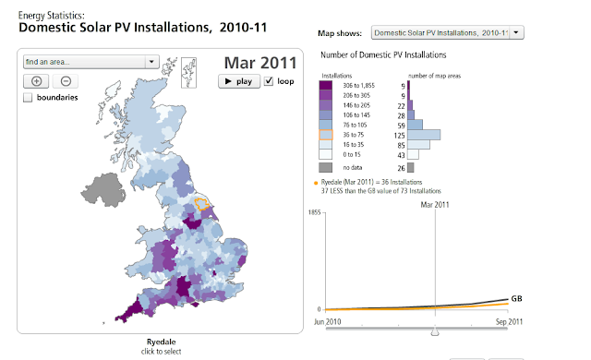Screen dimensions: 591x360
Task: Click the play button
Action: (239, 81)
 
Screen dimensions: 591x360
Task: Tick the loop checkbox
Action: (269, 81)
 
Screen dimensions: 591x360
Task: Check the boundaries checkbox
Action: (28, 98)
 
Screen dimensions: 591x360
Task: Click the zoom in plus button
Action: (36, 81)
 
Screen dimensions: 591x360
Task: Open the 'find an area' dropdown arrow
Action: (151, 61)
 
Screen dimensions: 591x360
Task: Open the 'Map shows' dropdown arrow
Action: (516, 32)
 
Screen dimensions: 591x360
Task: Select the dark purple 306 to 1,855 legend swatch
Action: (326, 86)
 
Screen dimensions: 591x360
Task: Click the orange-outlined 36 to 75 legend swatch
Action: (326, 135)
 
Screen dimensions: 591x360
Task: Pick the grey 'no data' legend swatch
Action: (326, 167)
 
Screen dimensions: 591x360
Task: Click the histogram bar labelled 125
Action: (424, 135)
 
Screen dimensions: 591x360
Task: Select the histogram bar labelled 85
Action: (418, 145)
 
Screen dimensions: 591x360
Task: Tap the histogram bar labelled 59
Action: (415, 125)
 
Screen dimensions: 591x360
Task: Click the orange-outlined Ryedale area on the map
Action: (202, 204)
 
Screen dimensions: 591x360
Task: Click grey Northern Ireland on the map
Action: (103, 190)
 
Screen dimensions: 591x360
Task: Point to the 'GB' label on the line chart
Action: (516, 299)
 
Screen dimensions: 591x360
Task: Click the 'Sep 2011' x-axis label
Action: (509, 322)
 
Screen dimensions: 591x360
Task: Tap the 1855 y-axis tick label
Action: (314, 212)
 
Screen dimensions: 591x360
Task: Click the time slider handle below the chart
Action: (435, 331)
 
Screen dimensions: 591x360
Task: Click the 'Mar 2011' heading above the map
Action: (260, 63)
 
